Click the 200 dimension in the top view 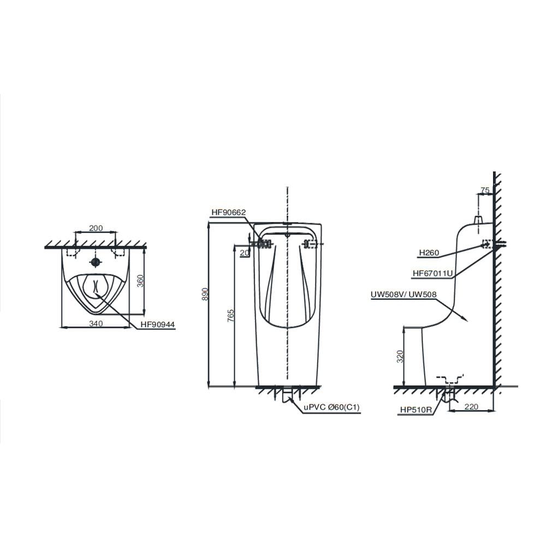point(96,228)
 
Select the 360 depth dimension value point(140,281)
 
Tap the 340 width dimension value point(96,323)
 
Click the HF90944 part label point(158,325)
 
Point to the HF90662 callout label point(228,212)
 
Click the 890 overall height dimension point(205,294)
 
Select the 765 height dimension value point(231,316)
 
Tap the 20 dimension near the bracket point(245,253)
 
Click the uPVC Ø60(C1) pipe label point(331,407)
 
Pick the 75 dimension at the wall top point(485,190)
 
